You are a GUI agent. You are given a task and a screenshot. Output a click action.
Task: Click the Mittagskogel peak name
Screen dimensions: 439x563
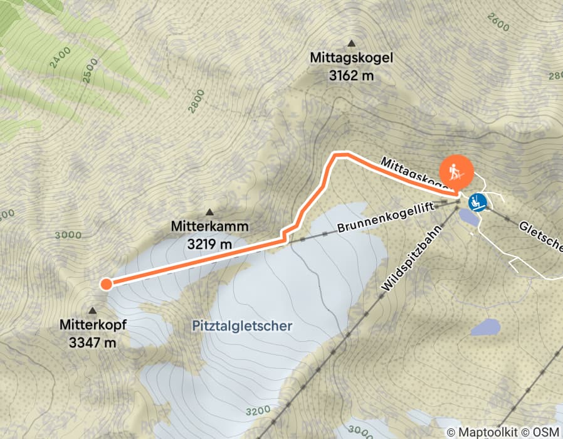tap(351, 58)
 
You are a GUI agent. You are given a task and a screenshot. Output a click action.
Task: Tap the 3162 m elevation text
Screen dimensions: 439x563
tap(351, 75)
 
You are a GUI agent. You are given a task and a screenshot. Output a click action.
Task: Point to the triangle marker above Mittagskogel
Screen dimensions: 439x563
tap(352, 43)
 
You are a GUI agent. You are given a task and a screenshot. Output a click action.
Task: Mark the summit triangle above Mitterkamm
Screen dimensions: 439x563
tap(209, 212)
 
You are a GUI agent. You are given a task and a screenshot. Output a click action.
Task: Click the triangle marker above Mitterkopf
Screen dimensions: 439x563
tap(93, 310)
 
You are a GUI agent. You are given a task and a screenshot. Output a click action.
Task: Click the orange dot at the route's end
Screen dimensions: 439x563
tap(106, 284)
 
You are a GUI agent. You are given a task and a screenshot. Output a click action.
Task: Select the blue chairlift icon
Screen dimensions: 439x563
tap(478, 202)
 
